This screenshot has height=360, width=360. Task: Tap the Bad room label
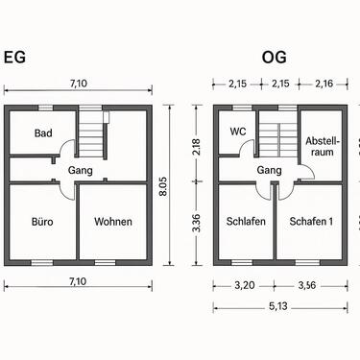point(43,132)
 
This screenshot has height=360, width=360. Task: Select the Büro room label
point(41,222)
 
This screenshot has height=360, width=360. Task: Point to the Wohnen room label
point(113,222)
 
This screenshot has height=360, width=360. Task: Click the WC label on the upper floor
point(239,132)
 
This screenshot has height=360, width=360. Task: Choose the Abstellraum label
point(322,146)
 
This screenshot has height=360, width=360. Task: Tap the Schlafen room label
point(246,222)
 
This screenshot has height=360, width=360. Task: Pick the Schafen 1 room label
point(311,222)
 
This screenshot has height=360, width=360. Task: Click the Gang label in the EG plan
point(79,170)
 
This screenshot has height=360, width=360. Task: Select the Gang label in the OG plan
point(269,170)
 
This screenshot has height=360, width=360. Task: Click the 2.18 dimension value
point(197,147)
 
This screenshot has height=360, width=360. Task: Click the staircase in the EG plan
point(92,134)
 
